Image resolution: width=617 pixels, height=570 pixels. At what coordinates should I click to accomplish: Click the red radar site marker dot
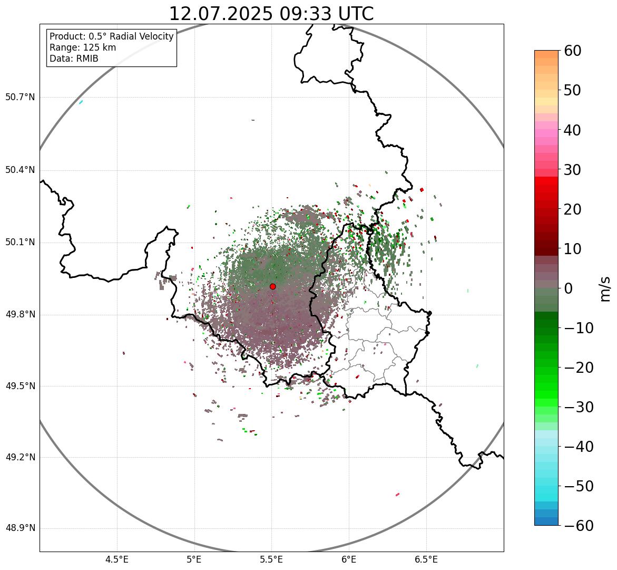(273, 286)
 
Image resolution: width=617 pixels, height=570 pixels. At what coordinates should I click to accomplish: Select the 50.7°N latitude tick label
(20, 98)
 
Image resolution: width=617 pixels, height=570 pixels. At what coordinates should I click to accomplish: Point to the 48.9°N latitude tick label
(20, 528)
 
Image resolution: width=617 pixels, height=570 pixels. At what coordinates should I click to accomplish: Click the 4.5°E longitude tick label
(117, 559)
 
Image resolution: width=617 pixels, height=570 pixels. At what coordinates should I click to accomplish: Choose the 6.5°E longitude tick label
(426, 559)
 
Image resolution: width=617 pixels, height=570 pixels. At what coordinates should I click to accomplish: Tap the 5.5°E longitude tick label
(271, 559)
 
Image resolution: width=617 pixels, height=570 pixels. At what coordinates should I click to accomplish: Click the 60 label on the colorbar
(573, 51)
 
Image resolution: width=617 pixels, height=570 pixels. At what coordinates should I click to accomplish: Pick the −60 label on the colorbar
(579, 526)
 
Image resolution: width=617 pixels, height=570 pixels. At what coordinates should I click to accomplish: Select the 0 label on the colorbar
(569, 288)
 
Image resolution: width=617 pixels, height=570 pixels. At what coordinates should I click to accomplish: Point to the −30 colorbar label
(579, 407)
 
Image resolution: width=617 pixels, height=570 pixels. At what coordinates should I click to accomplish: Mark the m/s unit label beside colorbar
(605, 288)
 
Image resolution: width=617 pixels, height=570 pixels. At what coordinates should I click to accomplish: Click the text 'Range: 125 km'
(83, 47)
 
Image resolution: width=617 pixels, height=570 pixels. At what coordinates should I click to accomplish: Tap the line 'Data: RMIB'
(74, 59)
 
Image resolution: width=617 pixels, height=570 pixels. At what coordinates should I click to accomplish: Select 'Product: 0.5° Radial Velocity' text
(111, 36)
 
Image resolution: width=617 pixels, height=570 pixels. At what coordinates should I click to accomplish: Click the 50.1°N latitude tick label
(20, 243)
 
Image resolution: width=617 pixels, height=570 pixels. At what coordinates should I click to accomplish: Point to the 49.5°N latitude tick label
(20, 386)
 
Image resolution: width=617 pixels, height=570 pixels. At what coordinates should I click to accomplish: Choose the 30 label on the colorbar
(573, 170)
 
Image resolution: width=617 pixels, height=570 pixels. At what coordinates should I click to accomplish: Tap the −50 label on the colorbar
(579, 486)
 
